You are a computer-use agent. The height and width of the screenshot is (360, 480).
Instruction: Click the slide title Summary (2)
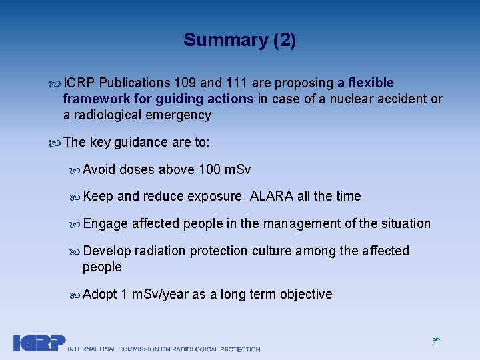pyautogui.click(x=239, y=40)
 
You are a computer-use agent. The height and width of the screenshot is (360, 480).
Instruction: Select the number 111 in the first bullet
pyautogui.click(x=236, y=83)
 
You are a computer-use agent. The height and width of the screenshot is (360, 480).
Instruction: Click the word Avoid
pyautogui.click(x=99, y=170)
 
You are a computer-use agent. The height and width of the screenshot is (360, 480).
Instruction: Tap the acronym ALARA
pyautogui.click(x=272, y=197)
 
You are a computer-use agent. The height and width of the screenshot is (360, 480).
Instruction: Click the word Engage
pyautogui.click(x=105, y=224)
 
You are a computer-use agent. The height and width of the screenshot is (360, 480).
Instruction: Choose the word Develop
pyautogui.click(x=107, y=251)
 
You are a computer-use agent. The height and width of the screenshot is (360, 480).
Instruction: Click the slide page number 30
pyautogui.click(x=435, y=341)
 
